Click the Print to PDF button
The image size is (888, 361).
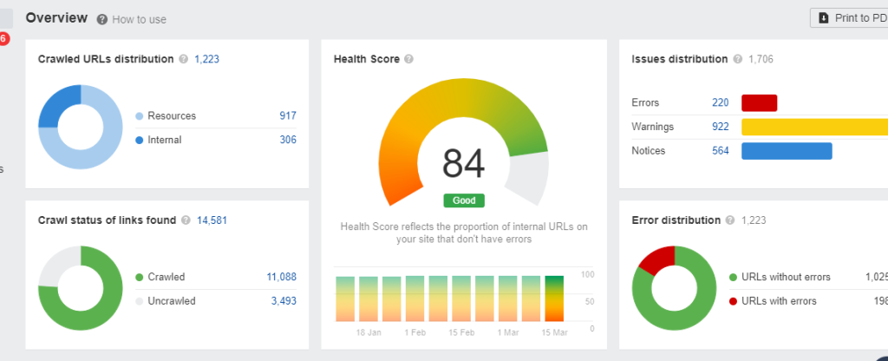point(850,18)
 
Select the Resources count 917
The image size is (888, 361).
point(287,115)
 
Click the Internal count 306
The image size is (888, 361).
point(287,140)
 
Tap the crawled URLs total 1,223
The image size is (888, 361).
point(208,59)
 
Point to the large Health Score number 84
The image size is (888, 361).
point(464,164)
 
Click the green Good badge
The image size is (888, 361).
point(464,200)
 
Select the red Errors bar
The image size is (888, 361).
point(759,102)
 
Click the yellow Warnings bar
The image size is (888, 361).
point(815,127)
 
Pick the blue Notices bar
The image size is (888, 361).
point(787,151)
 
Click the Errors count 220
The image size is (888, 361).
point(721,102)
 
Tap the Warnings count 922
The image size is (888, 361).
point(721,127)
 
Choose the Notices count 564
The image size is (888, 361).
point(721,151)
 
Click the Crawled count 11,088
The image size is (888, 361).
point(281,277)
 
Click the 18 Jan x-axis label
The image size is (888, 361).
point(368,332)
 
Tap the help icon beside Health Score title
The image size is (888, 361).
point(408,59)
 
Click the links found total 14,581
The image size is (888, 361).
point(212,220)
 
